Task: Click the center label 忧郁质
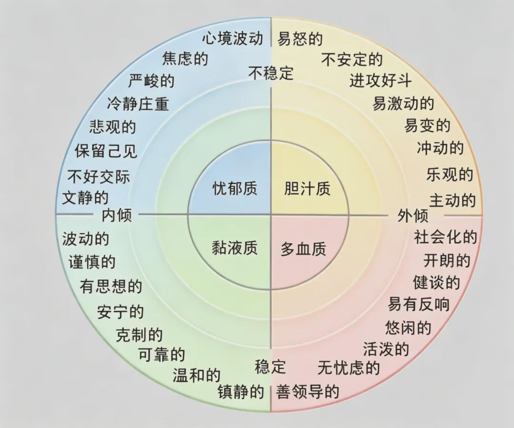[234, 189]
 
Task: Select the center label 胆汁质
[307, 189]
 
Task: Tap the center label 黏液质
[234, 248]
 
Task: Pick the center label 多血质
[304, 249]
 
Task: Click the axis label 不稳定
[271, 73]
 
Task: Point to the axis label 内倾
[117, 215]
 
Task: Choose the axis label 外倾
[413, 215]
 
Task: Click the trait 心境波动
[233, 39]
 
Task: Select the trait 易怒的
[300, 39]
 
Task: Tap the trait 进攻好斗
[380, 80]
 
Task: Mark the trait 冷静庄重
[138, 104]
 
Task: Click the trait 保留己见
[106, 151]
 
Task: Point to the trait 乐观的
[450, 175]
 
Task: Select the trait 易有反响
[418, 304]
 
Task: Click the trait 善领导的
[307, 392]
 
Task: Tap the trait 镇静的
[241, 392]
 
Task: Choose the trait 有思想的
[111, 287]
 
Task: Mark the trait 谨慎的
[92, 262]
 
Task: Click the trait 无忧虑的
[348, 368]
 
